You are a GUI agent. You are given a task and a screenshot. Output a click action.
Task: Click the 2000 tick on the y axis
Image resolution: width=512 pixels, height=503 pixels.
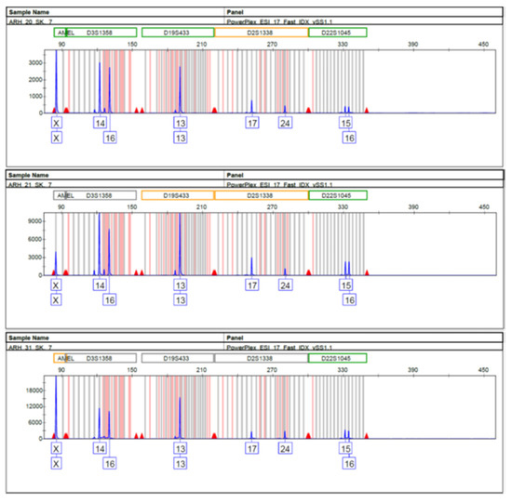[x=34, y=77]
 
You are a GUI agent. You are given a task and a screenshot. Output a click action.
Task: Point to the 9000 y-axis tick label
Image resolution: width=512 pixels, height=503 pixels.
[x=34, y=220]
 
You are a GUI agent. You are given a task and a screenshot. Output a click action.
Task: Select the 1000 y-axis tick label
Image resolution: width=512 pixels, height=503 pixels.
[x=34, y=95]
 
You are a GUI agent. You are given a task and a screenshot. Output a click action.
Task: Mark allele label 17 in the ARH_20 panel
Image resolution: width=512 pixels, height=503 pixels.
[x=251, y=123]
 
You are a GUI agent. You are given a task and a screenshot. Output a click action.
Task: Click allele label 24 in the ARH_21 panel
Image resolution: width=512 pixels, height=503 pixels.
[x=285, y=285]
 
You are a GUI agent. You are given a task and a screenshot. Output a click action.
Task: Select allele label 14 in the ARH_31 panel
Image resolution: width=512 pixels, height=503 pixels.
[x=100, y=448]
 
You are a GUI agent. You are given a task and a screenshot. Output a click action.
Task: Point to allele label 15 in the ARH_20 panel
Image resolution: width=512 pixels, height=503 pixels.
[x=345, y=123]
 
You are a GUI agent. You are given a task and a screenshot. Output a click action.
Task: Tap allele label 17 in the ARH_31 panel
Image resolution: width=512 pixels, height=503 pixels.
[x=251, y=448]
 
